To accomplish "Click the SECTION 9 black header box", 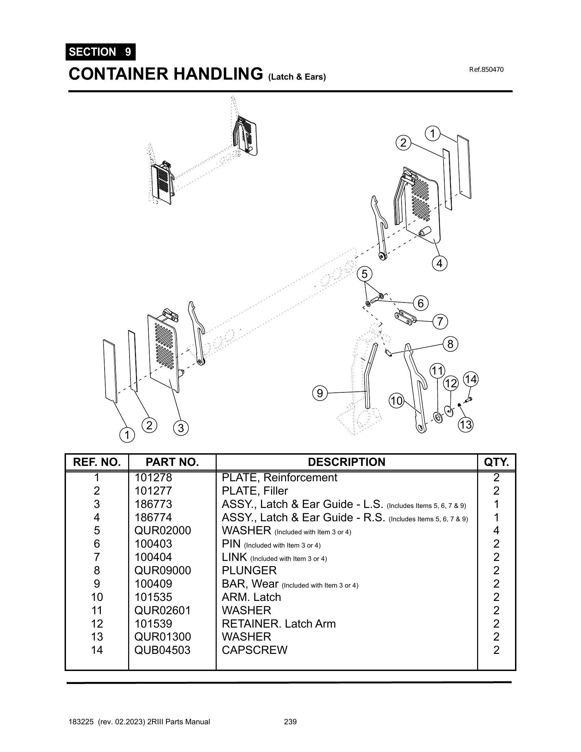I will [x=100, y=52].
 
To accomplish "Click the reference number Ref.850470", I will [x=486, y=69].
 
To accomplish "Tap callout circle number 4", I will [x=439, y=264].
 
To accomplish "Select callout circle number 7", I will [x=440, y=322].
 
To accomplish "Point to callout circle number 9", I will [x=320, y=393].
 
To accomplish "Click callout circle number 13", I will [x=465, y=425].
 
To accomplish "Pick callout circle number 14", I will [x=471, y=379].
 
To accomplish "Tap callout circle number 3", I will [x=181, y=428].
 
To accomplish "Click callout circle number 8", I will [x=450, y=344].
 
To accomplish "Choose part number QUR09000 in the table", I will [x=162, y=570].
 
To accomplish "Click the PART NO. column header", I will [x=172, y=462].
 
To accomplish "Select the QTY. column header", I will [x=496, y=462].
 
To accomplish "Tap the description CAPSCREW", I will [x=254, y=650].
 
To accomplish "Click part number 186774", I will [x=153, y=517].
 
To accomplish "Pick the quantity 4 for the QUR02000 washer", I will [x=496, y=530].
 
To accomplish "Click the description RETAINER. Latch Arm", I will [x=279, y=623].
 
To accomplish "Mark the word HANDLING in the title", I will [x=217, y=74].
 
